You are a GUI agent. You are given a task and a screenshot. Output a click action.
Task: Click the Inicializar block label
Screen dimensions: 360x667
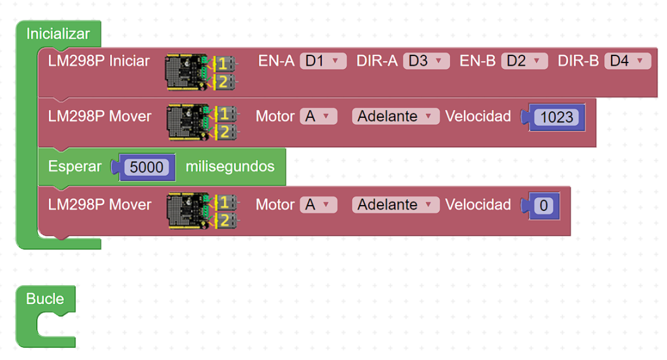(x=58, y=33)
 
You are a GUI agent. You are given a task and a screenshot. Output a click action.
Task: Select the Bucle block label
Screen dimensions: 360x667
(x=45, y=299)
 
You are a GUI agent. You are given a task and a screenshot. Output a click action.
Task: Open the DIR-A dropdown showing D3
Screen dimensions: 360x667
(x=426, y=61)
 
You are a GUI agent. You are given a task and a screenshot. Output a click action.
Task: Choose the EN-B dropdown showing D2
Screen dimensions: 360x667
(x=524, y=61)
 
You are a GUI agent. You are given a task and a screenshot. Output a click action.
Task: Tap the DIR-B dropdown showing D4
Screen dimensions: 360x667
(x=627, y=61)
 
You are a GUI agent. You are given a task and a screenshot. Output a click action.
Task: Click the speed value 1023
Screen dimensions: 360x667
(x=556, y=117)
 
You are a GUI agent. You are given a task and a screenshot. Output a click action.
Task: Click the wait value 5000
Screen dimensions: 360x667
(x=147, y=167)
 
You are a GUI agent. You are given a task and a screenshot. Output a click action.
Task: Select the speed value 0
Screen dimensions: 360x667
(x=544, y=206)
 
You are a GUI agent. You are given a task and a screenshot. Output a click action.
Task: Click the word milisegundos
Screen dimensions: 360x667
(x=230, y=166)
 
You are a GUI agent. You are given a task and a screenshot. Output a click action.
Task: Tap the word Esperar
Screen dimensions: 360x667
(x=75, y=166)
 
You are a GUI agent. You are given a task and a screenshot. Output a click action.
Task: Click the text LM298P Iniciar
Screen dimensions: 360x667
(x=99, y=61)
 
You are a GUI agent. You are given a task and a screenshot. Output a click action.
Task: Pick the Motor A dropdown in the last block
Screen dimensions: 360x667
(x=319, y=204)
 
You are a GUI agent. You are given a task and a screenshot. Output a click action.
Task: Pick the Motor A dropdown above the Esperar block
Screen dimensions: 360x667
(x=319, y=117)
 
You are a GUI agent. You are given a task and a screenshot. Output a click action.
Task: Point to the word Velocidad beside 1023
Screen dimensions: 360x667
(x=478, y=117)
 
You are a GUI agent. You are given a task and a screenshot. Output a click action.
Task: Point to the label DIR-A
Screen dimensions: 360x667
(x=376, y=61)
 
